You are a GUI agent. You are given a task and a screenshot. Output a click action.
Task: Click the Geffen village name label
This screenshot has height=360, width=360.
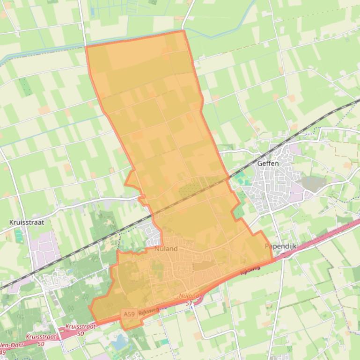[x=268, y=163]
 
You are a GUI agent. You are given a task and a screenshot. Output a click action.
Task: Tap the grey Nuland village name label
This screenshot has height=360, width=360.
[x=166, y=249]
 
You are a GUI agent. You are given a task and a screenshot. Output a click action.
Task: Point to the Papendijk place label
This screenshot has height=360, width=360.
[x=281, y=246]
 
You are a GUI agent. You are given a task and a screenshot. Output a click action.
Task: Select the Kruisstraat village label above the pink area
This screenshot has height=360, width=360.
[x=27, y=223]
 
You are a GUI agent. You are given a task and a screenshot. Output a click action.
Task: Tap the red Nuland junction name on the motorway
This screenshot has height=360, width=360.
[x=189, y=296]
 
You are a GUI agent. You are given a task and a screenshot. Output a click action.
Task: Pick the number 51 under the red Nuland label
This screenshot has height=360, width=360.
[x=189, y=303]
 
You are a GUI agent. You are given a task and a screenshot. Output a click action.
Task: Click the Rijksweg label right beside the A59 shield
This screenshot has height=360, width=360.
[x=149, y=310]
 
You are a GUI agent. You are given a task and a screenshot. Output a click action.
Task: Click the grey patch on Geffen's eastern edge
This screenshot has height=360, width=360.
[x=311, y=182]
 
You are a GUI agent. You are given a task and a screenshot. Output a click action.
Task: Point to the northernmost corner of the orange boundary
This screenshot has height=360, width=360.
[x=183, y=31]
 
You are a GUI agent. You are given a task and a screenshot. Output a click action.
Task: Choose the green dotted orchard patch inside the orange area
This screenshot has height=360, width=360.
[x=189, y=189]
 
